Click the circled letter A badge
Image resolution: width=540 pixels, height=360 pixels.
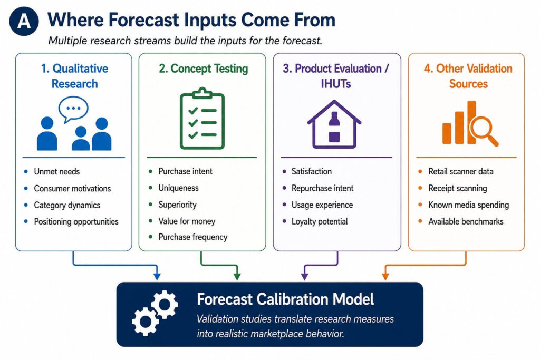pos(24,21)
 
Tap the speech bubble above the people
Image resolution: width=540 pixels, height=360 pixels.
pos(73,109)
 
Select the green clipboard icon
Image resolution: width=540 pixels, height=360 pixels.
pos(202,119)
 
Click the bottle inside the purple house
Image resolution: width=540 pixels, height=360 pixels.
pos(334,127)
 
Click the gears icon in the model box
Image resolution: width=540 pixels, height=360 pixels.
pos(155,313)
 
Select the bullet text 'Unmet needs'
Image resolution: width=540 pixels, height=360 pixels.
pos(57,171)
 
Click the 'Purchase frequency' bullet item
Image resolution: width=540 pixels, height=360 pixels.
pos(193,237)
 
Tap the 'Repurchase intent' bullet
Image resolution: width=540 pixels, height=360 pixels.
pos(322,188)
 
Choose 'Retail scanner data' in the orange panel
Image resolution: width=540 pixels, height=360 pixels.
pos(461,171)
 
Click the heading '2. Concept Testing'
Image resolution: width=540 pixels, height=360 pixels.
pos(203,69)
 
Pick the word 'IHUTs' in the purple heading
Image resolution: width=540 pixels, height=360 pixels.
pos(336,84)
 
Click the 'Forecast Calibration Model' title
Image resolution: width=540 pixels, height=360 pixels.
pos(285,299)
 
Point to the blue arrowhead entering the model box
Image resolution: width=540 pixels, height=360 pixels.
pos(157,276)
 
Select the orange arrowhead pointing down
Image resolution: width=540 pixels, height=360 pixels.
pos(385,276)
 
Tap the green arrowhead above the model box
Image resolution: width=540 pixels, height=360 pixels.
pos(237,276)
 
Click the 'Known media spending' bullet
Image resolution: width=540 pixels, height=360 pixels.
pos(468,205)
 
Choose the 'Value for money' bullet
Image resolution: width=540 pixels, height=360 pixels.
pos(187,221)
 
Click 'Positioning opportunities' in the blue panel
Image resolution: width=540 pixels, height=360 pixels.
pos(76,222)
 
